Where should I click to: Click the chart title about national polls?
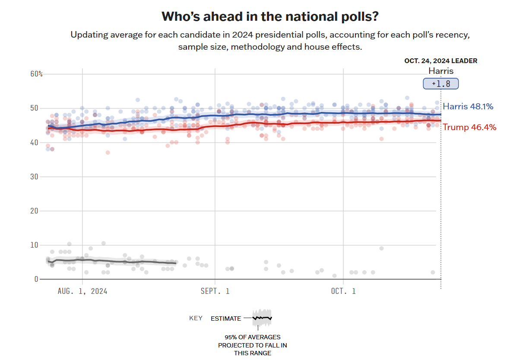point(270,16)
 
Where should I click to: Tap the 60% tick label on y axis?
point(37,74)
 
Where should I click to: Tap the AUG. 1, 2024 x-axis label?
point(82,291)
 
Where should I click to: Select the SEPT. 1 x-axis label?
point(215,291)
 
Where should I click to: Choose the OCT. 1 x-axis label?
point(343,291)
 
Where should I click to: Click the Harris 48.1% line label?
point(468,106)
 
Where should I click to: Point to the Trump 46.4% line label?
point(469,127)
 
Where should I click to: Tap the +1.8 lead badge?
point(440,84)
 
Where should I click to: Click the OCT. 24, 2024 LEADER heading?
point(440,61)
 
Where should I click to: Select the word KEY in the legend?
point(196,319)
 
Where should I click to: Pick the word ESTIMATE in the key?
point(226,319)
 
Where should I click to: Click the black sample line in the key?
point(262,318)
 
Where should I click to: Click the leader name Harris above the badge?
point(440,71)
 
